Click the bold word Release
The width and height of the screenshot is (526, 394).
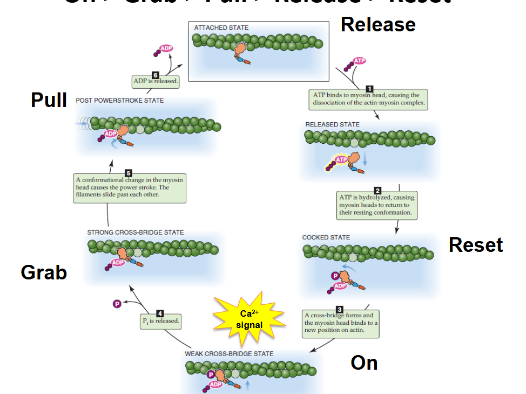[x=378, y=25]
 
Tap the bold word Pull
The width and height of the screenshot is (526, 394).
[x=49, y=100]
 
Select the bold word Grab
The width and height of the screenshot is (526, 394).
[x=44, y=272]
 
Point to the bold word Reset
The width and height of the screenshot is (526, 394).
[x=476, y=245]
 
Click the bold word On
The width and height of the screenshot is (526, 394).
[x=364, y=363]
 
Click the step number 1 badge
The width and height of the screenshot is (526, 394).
[x=369, y=89]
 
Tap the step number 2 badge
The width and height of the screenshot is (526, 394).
[x=377, y=190]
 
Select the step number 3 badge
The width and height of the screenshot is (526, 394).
[x=340, y=309]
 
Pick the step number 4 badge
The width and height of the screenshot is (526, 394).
[x=160, y=313]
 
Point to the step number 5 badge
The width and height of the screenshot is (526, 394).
[x=129, y=173]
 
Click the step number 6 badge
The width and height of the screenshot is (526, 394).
[x=156, y=75]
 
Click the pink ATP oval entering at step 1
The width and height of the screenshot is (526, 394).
[x=359, y=61]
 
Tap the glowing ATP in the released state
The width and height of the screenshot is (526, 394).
[x=341, y=160]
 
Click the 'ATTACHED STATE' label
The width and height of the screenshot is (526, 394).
[x=222, y=28]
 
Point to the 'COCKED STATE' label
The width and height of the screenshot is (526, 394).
[x=326, y=237]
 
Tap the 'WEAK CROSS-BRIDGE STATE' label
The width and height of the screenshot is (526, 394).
[x=229, y=353]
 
